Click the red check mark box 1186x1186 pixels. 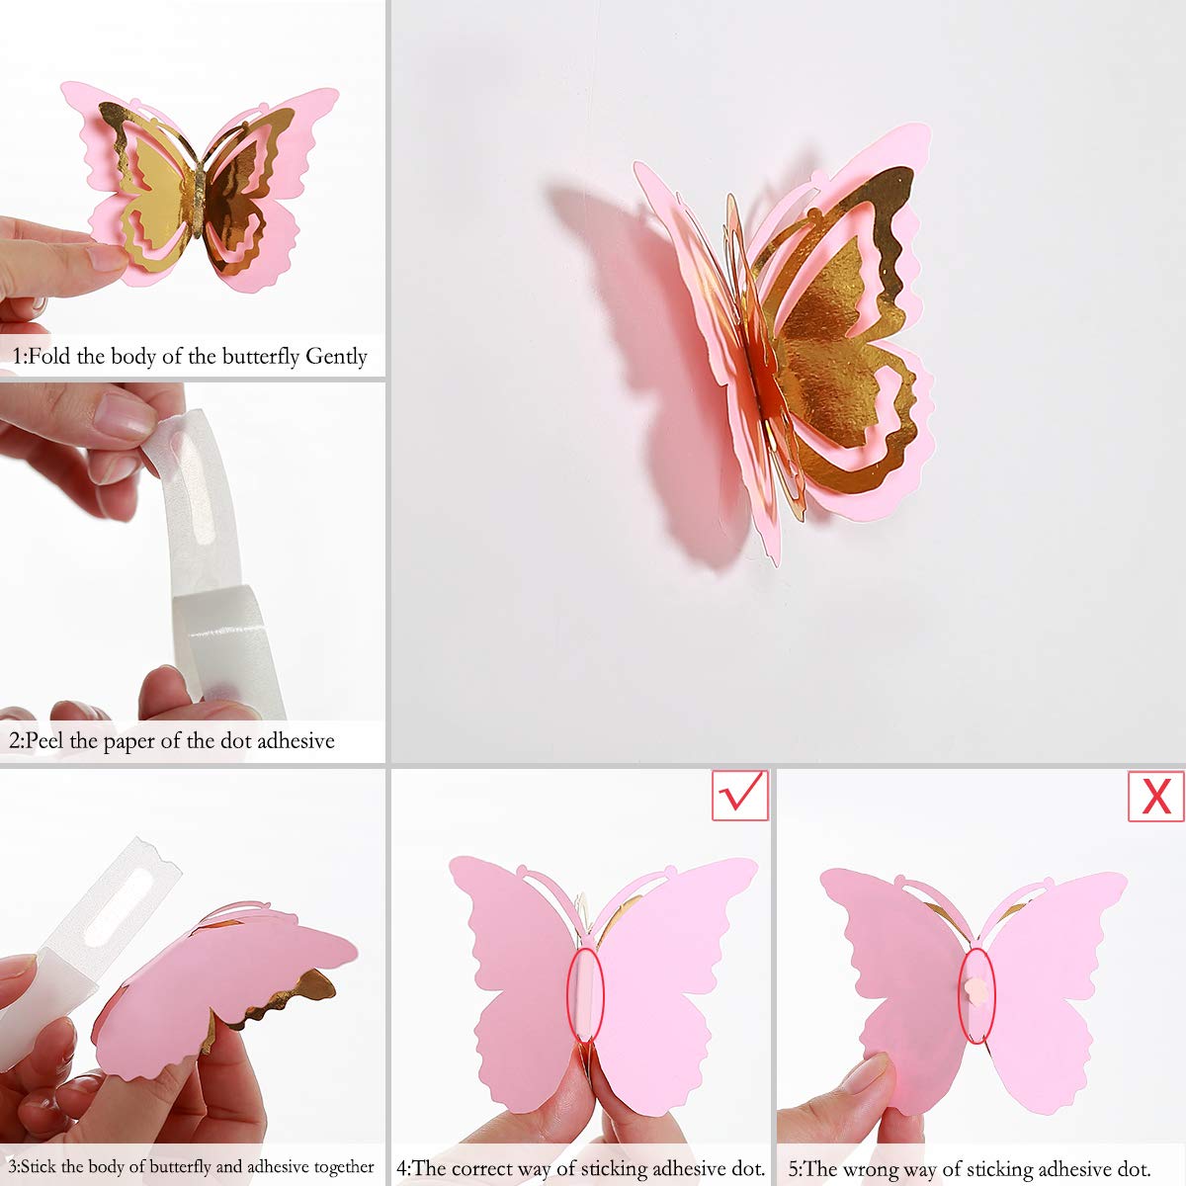click(740, 795)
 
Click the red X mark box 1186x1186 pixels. click(1155, 795)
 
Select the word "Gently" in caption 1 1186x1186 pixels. click(336, 357)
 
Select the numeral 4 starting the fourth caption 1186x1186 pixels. click(401, 1168)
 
